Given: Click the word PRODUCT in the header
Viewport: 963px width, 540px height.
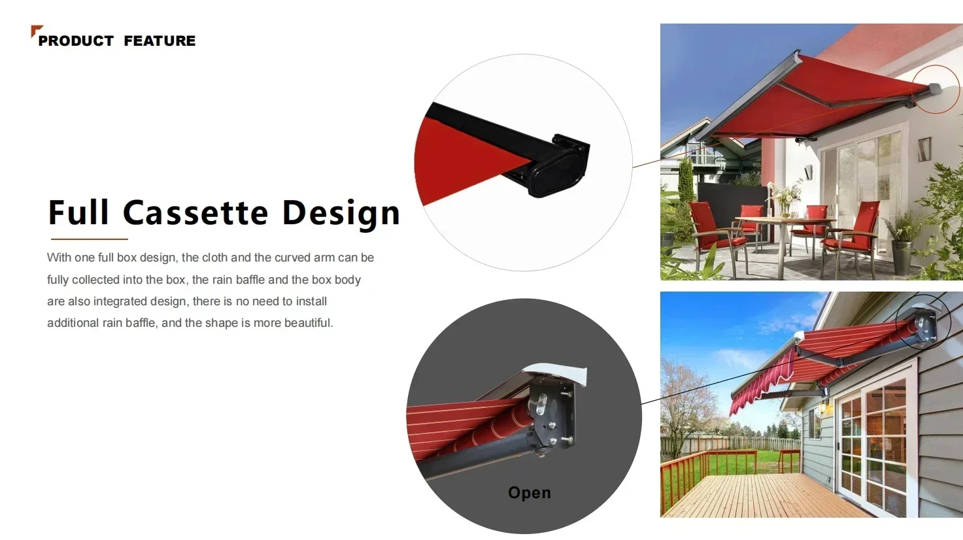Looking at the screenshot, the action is (x=76, y=41).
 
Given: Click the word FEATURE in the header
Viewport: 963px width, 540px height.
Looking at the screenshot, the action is (x=160, y=41).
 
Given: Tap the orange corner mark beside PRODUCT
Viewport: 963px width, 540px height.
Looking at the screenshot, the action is (x=35, y=30).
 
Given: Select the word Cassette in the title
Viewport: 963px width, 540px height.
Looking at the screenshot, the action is (x=195, y=212).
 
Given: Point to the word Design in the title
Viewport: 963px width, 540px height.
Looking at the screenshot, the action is (x=341, y=214).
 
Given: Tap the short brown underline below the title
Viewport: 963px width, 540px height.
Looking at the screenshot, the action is (x=90, y=239).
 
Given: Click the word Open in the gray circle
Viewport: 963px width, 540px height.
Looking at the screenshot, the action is (x=529, y=493).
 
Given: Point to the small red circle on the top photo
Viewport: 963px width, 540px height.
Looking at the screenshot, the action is (x=936, y=90).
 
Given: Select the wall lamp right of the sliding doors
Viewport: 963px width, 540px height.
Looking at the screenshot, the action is (x=924, y=149).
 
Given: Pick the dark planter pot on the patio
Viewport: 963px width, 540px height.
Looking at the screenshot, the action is (x=902, y=257).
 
